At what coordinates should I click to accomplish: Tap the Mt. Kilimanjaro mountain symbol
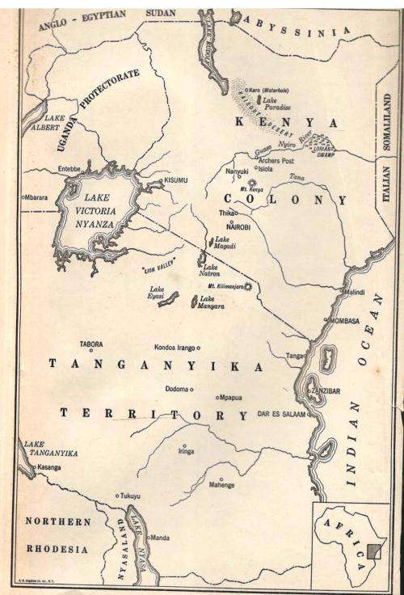pos(248,286)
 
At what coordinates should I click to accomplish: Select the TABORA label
pos(91,344)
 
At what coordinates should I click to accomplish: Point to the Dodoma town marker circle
pos(192,390)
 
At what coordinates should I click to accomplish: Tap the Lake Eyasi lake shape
pos(168,299)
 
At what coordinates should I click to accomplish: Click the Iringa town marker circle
pos(184,446)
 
